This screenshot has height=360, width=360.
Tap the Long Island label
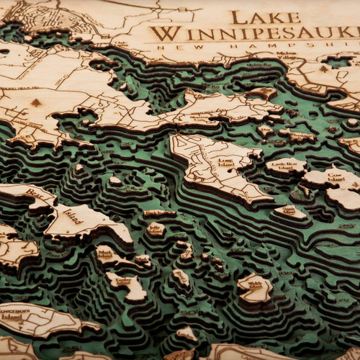click(225, 163)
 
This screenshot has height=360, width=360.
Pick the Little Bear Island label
click(286, 166)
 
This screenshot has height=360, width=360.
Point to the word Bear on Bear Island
click(35, 194)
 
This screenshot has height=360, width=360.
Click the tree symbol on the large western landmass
click(36, 103)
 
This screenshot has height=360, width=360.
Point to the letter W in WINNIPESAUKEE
click(163, 33)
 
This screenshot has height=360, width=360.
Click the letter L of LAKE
click(238, 17)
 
